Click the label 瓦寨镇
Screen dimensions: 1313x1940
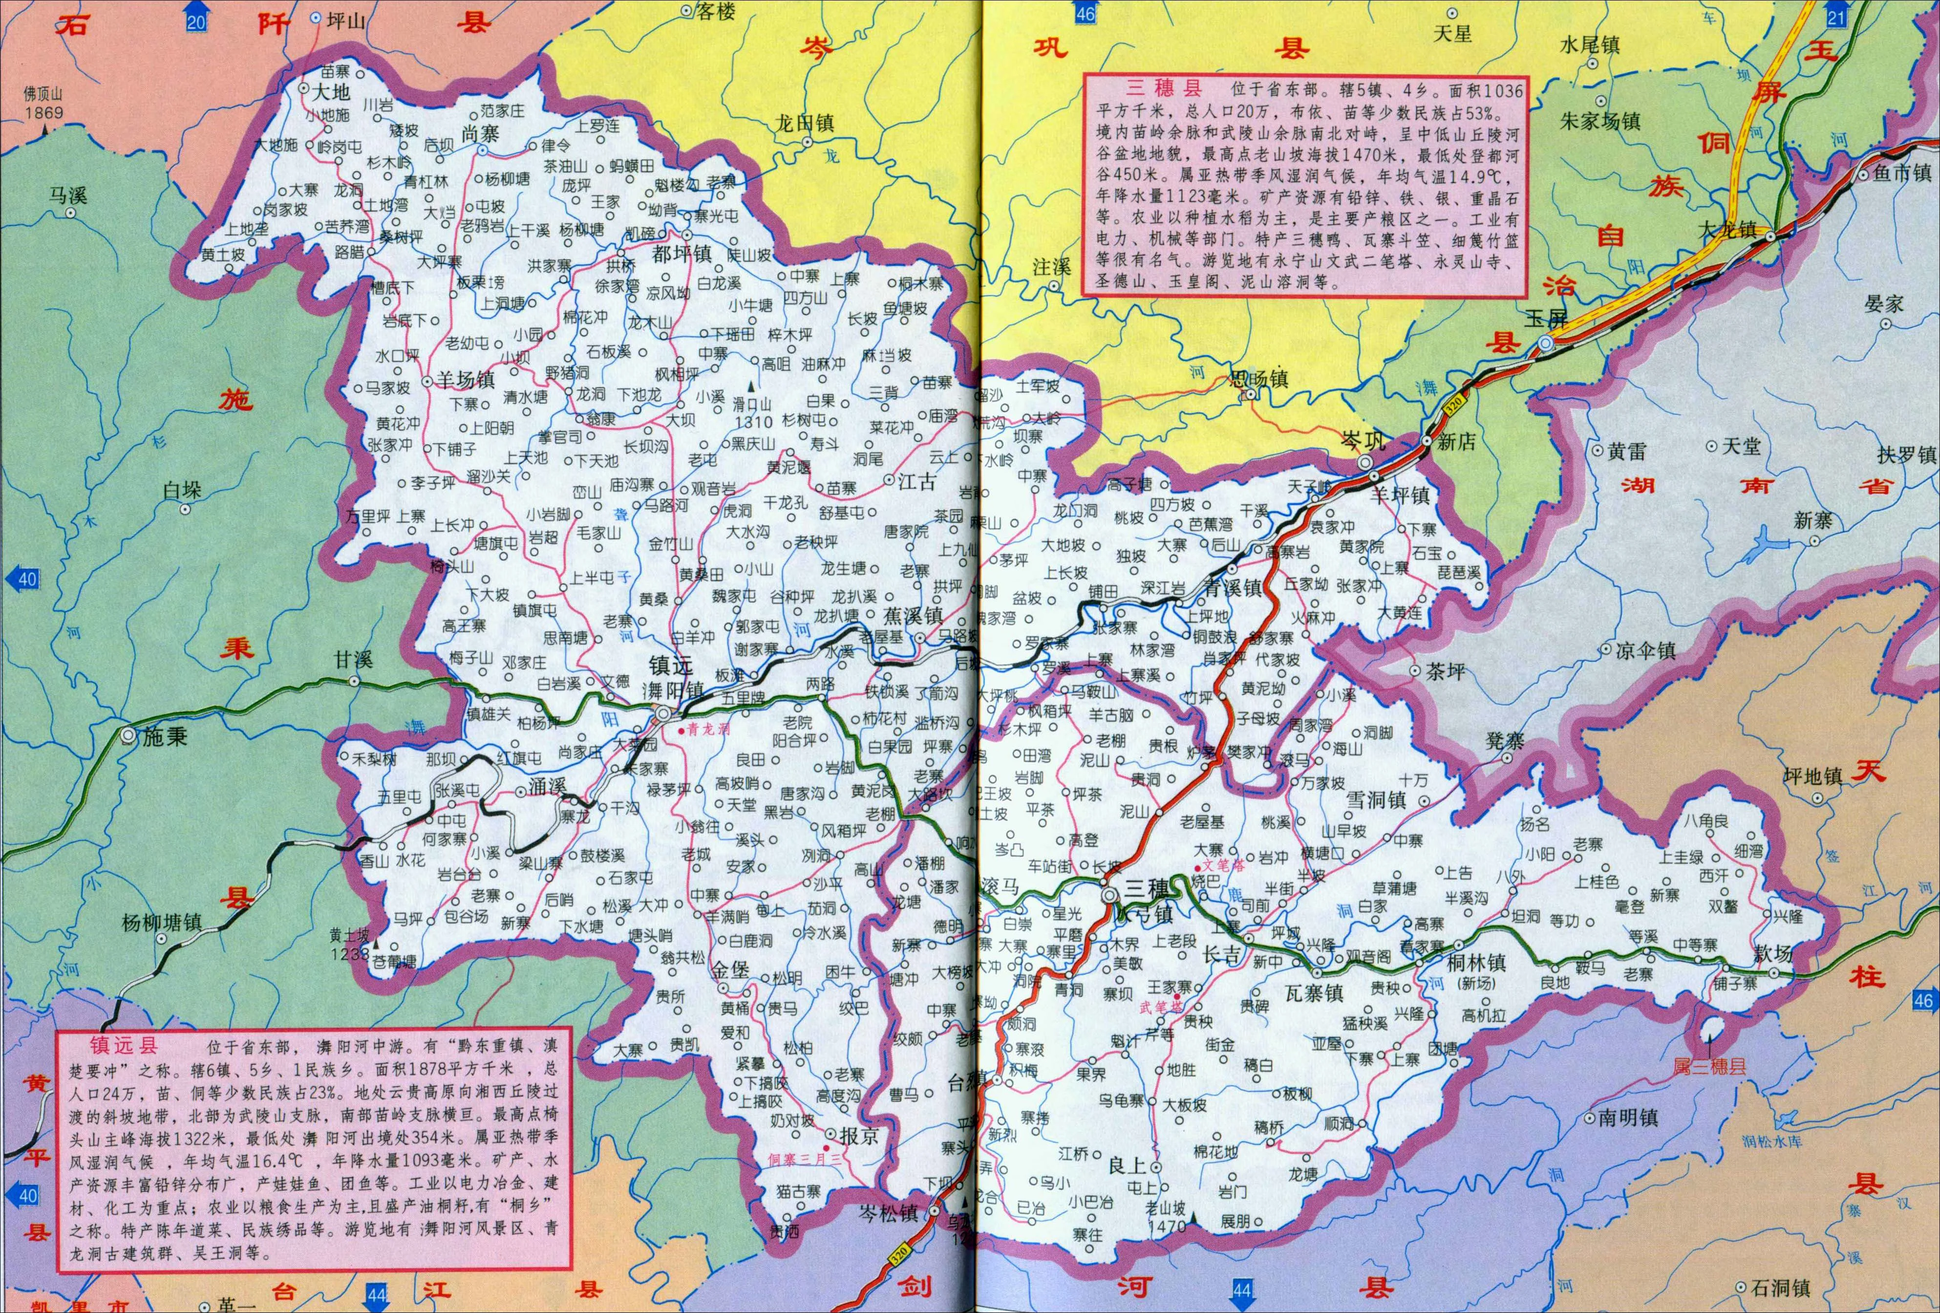pos(1313,993)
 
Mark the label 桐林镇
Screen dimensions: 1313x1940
pos(1476,963)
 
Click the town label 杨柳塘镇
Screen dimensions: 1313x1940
pos(161,923)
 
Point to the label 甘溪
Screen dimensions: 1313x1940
pos(352,659)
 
